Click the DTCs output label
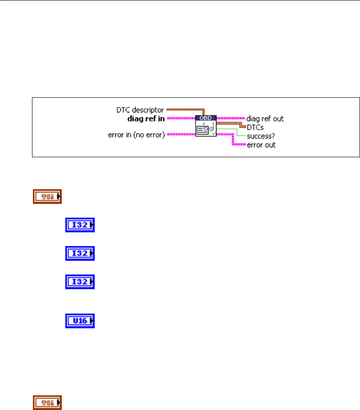click(x=256, y=127)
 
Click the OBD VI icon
click(x=206, y=126)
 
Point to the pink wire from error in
click(x=180, y=134)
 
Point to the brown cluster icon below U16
click(x=47, y=402)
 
